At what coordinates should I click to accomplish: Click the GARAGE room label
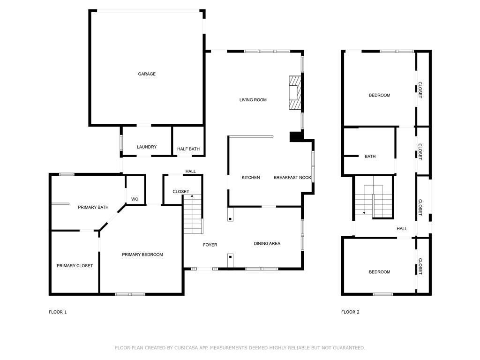[147, 74]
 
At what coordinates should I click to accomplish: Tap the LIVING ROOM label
[253, 100]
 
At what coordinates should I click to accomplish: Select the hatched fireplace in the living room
[295, 92]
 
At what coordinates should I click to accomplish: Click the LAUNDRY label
[147, 147]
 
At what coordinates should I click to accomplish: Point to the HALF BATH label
[188, 149]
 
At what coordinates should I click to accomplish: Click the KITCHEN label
[251, 178]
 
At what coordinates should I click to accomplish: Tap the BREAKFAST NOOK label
[292, 178]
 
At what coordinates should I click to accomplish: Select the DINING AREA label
[267, 243]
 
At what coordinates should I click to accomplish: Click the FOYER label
[210, 245]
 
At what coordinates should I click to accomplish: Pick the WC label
[135, 199]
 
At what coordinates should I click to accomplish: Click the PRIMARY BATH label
[93, 207]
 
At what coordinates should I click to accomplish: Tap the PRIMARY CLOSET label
[75, 266]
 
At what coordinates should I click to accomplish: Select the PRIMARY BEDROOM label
[142, 255]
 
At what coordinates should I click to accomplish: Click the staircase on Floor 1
[193, 214]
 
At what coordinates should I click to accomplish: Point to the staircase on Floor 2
[374, 201]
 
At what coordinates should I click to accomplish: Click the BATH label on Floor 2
[370, 157]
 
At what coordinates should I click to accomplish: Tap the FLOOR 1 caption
[58, 312]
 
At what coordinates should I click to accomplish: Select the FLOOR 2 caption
[350, 312]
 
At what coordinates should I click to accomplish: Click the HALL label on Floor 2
[402, 229]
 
